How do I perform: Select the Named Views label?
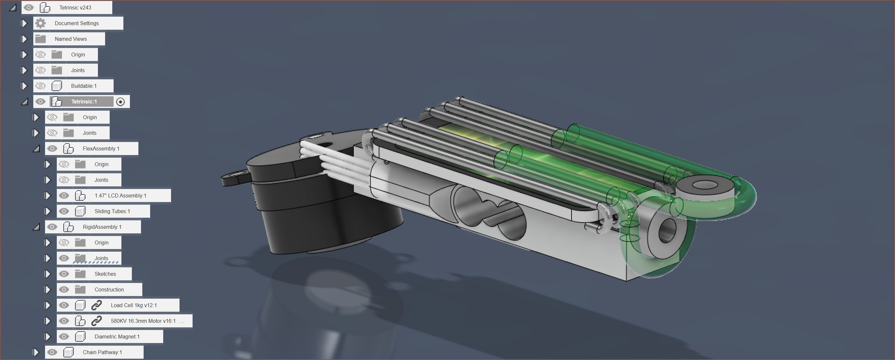coord(71,39)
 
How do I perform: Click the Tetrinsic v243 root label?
coord(75,8)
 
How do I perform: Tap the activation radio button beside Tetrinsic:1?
coord(120,102)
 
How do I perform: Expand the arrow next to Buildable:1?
coord(24,86)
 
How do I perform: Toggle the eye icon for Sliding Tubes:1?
coord(64,211)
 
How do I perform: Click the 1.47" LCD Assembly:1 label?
coord(120,196)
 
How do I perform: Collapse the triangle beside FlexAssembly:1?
coord(37,149)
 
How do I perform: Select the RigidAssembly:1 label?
coord(102,227)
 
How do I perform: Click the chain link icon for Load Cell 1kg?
coord(96,305)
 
